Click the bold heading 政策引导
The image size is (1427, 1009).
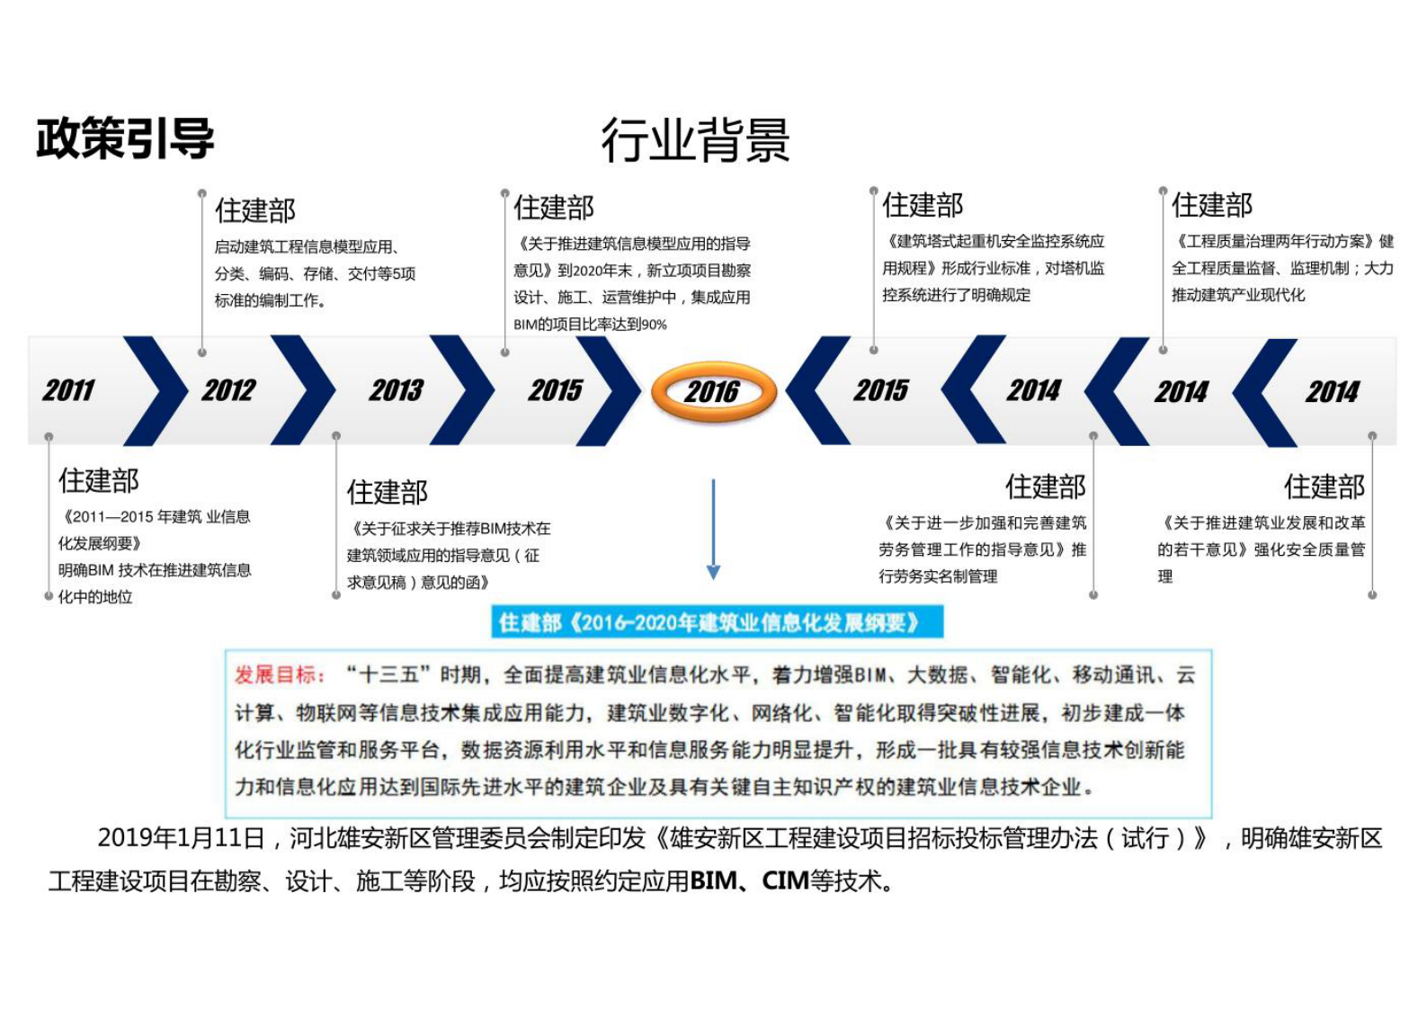click(x=125, y=138)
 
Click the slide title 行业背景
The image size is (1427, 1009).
click(x=695, y=140)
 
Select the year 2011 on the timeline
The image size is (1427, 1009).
click(x=68, y=390)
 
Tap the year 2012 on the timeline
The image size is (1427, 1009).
click(x=228, y=390)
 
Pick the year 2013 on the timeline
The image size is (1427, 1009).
click(x=396, y=390)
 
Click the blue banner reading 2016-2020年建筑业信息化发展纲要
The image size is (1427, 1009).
click(x=717, y=622)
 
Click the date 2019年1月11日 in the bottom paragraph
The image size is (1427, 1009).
click(x=181, y=838)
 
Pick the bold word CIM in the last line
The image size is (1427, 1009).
click(x=785, y=881)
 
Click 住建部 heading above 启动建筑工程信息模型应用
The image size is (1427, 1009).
click(x=255, y=210)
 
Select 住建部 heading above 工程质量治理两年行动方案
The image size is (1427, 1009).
click(x=1211, y=206)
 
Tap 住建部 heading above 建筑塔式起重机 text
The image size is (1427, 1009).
click(x=923, y=206)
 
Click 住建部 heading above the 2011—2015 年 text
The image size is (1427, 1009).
click(x=99, y=480)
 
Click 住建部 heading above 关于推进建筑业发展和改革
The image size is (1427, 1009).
click(x=1324, y=487)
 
